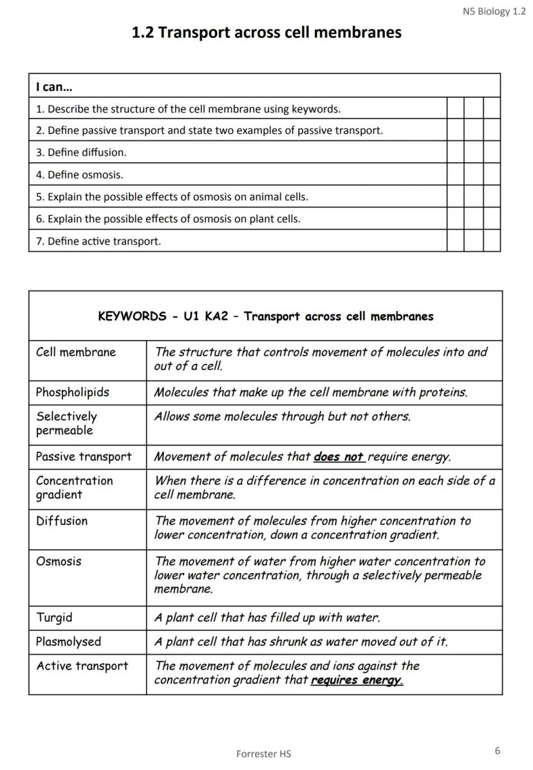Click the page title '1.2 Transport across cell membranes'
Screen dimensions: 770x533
tap(266, 33)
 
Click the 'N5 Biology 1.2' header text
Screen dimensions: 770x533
tap(494, 12)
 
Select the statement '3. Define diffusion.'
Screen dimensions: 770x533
tap(81, 153)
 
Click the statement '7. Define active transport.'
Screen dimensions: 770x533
tap(98, 241)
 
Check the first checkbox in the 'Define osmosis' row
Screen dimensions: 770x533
tap(455, 174)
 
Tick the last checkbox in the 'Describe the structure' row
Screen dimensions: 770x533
tap(492, 109)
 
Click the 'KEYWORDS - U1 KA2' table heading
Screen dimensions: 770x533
tap(265, 316)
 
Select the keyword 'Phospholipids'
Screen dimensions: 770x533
tap(73, 392)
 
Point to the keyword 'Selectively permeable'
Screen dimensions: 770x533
tap(66, 424)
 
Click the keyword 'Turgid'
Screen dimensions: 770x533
tap(54, 617)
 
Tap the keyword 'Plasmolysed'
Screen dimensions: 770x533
tap(68, 642)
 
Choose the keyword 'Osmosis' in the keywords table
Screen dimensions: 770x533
tap(59, 561)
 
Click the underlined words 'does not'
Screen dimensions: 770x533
tap(339, 457)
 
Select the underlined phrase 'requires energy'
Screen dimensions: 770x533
tap(357, 681)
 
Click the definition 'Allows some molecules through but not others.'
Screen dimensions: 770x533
tap(282, 417)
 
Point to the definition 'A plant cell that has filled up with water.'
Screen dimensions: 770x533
tap(267, 618)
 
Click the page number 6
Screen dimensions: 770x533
tap(497, 751)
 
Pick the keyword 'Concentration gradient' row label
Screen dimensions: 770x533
tap(74, 487)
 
